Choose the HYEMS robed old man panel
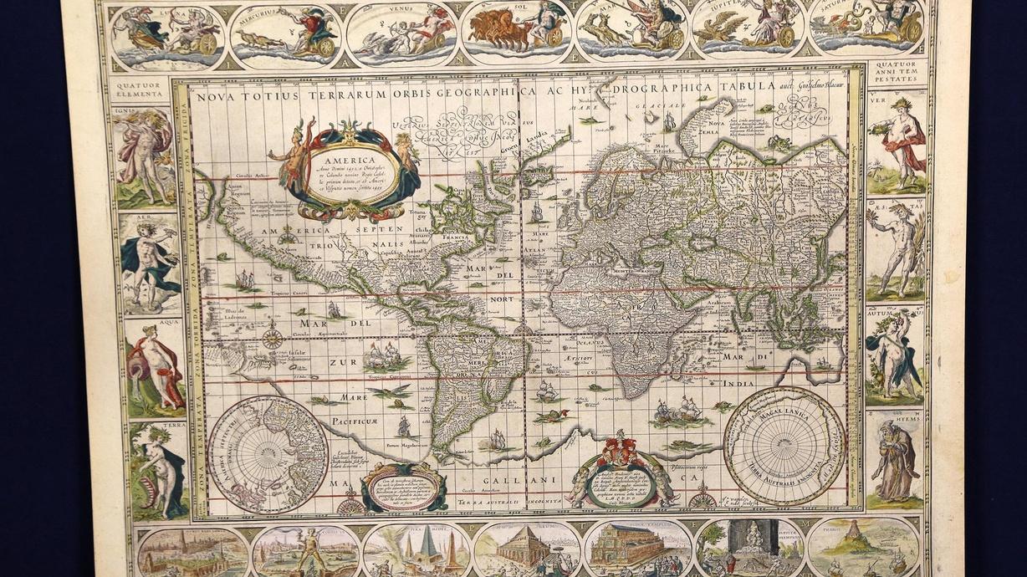[x=895, y=460]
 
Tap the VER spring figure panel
[x=898, y=142]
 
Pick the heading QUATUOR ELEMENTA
[x=143, y=90]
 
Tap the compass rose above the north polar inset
[x=273, y=339]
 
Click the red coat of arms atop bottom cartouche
[x=621, y=447]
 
